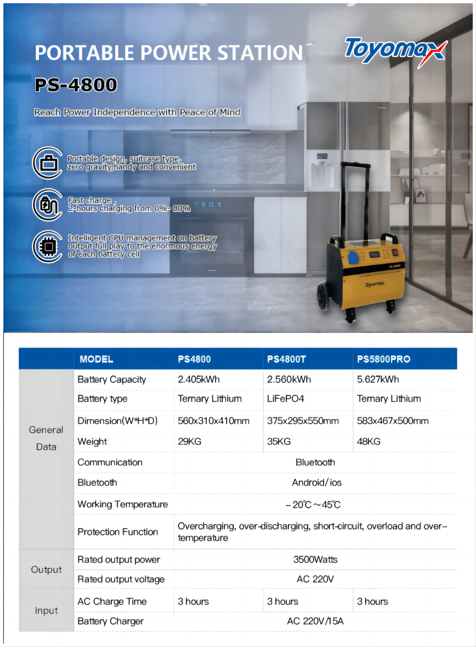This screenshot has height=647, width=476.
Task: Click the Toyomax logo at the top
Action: [395, 50]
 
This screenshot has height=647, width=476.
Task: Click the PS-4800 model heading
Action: [76, 85]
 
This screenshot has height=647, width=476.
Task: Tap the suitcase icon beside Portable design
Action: [48, 163]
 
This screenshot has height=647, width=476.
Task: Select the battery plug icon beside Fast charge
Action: [48, 204]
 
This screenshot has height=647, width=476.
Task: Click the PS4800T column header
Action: [286, 359]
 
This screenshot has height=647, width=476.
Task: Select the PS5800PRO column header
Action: [383, 359]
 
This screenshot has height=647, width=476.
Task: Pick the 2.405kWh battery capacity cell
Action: [198, 379]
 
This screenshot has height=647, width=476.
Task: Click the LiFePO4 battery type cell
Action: [286, 399]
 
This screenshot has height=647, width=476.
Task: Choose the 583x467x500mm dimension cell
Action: [392, 421]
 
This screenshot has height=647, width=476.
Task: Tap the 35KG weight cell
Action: [279, 441]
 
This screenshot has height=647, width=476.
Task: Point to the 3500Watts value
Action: [315, 560]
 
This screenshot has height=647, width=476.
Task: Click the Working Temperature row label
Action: [123, 504]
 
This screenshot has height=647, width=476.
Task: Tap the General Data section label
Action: [46, 438]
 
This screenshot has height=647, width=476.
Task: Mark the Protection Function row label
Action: [118, 532]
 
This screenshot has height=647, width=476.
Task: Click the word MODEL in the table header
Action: [96, 359]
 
